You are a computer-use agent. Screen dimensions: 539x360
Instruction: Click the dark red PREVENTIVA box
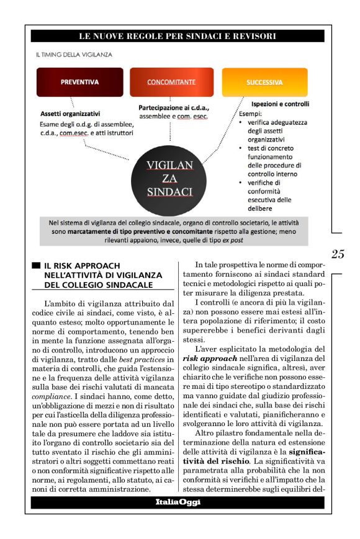click(79, 82)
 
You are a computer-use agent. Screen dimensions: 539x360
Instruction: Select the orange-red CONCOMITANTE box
click(171, 82)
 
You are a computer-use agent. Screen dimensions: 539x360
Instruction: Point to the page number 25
click(338, 253)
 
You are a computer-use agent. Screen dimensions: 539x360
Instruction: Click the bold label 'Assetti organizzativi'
click(70, 114)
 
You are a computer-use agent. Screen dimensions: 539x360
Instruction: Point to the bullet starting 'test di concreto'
click(279, 161)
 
